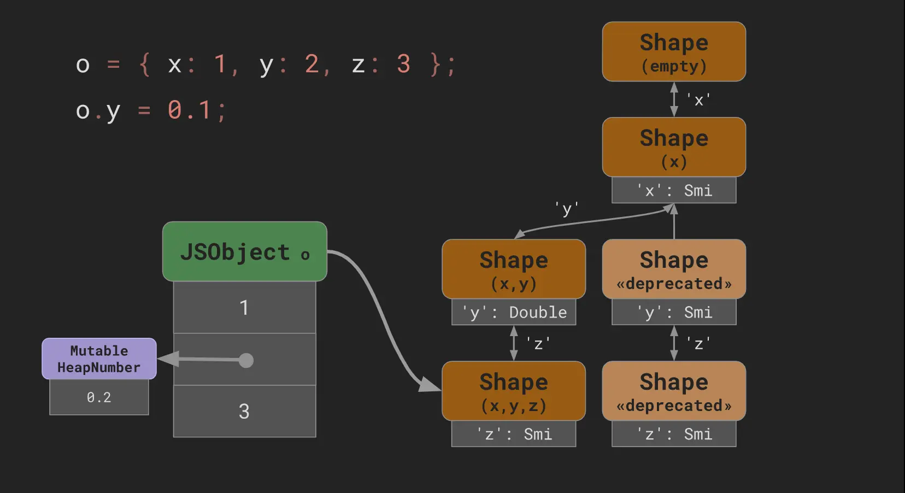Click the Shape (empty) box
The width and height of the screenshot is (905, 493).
click(674, 51)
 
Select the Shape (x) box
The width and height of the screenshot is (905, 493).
click(674, 146)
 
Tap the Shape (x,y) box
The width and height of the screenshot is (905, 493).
click(514, 269)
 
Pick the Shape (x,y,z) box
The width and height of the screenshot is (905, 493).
click(514, 391)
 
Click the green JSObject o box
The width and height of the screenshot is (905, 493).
click(244, 251)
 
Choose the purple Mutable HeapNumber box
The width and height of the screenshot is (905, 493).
click(99, 359)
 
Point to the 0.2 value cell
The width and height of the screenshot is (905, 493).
click(99, 397)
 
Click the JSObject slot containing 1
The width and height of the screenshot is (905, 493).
click(244, 307)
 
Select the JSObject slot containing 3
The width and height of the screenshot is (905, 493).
click(244, 411)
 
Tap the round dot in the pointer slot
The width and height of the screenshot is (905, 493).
click(246, 360)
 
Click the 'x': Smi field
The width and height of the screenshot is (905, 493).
click(674, 190)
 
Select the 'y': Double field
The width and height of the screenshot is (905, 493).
click(514, 312)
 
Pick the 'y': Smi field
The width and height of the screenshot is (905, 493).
click(674, 312)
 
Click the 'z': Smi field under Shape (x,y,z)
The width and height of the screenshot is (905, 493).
click(514, 434)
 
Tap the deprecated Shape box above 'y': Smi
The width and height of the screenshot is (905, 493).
click(674, 269)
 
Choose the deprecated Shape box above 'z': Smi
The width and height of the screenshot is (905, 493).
click(674, 391)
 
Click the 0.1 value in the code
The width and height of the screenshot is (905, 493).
click(189, 110)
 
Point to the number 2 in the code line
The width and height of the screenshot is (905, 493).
click(312, 64)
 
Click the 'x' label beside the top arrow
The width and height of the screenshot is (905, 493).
click(698, 100)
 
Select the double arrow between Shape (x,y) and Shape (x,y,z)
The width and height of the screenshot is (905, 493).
click(514, 343)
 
